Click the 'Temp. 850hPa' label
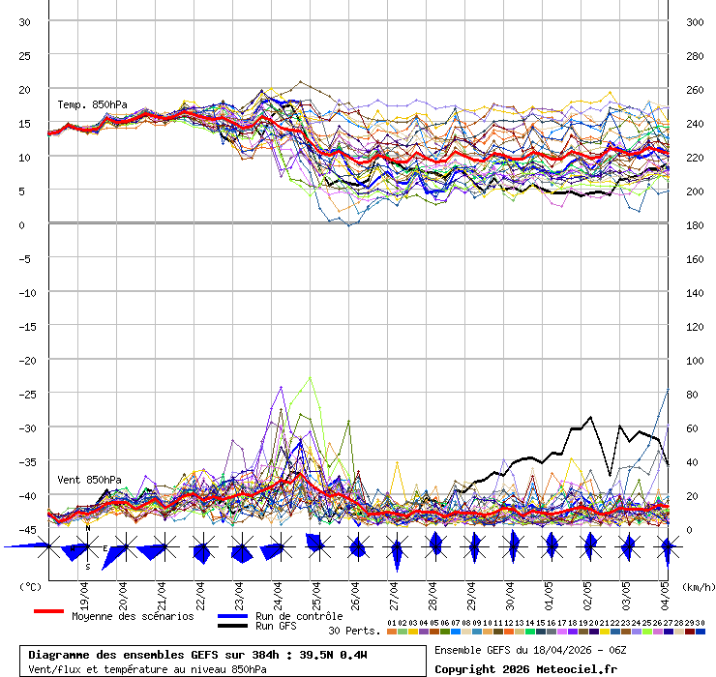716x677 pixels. pos(92,104)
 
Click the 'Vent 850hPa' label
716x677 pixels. pos(89,480)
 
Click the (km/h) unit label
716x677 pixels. pos(697,586)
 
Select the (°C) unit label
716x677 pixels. pos(30,586)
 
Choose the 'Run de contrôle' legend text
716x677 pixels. pos(299,616)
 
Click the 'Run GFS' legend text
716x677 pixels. pos(277,627)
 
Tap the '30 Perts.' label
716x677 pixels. pos(354,631)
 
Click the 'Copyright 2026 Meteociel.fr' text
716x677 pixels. pos(525,668)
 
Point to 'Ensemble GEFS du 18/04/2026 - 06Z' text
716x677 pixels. pos(531,650)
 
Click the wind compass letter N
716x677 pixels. pos(88,528)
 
